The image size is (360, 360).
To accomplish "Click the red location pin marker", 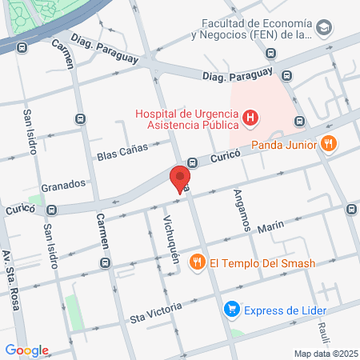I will click(180, 178).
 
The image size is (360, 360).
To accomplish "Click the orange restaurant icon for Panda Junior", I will click(328, 145).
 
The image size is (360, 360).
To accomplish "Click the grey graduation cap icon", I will click(323, 29).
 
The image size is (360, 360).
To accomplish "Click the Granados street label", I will click(63, 183).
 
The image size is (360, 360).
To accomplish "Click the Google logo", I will click(26, 350).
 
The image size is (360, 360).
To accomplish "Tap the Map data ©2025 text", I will click(325, 354).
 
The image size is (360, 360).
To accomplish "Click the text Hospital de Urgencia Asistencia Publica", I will click(188, 118).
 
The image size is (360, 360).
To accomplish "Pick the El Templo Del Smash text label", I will click(262, 262).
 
